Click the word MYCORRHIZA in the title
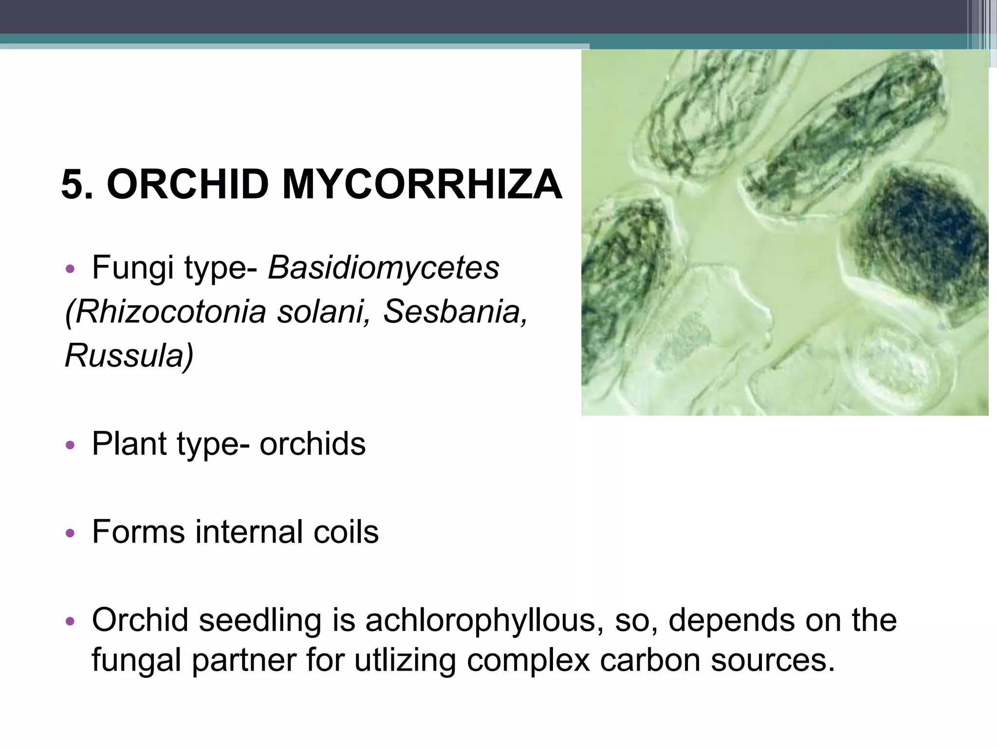[x=422, y=185]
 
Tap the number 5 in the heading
[x=73, y=185]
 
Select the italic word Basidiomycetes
[x=384, y=268]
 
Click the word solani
[x=323, y=312]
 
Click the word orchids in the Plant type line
[x=312, y=444]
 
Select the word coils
[x=346, y=532]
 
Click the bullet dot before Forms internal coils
[x=70, y=533]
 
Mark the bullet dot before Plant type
[x=70, y=445]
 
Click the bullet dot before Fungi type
[x=70, y=269]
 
